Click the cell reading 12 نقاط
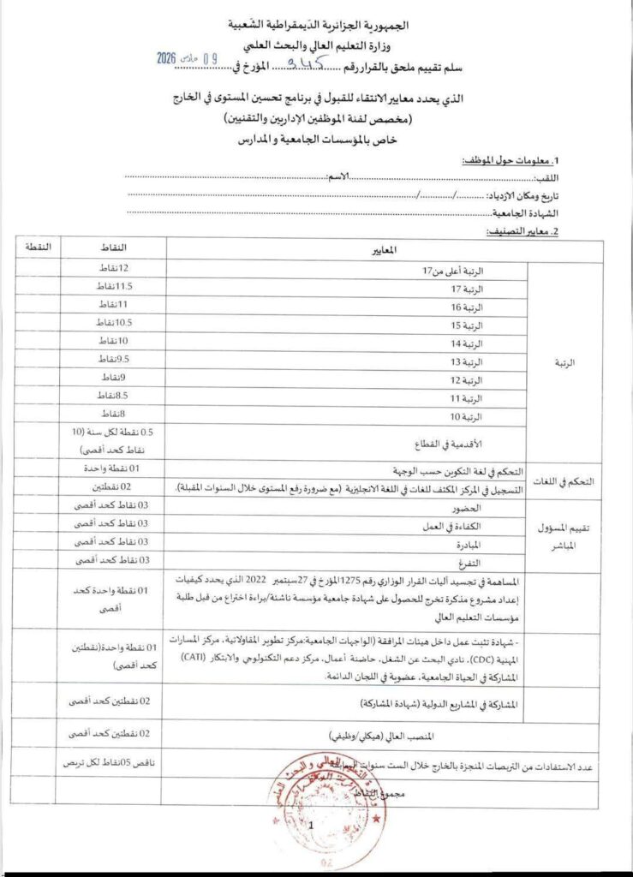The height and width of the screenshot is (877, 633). click(111, 269)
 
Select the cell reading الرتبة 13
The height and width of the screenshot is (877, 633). click(470, 361)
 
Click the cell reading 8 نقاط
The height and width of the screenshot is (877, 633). click(110, 414)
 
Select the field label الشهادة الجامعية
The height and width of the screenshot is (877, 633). click(527, 212)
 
